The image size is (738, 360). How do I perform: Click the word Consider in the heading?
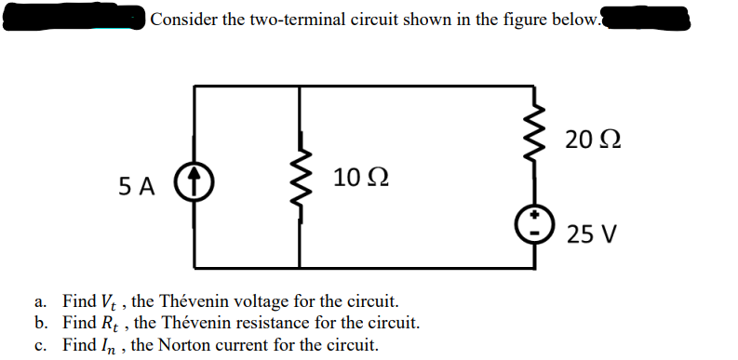click(183, 18)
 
